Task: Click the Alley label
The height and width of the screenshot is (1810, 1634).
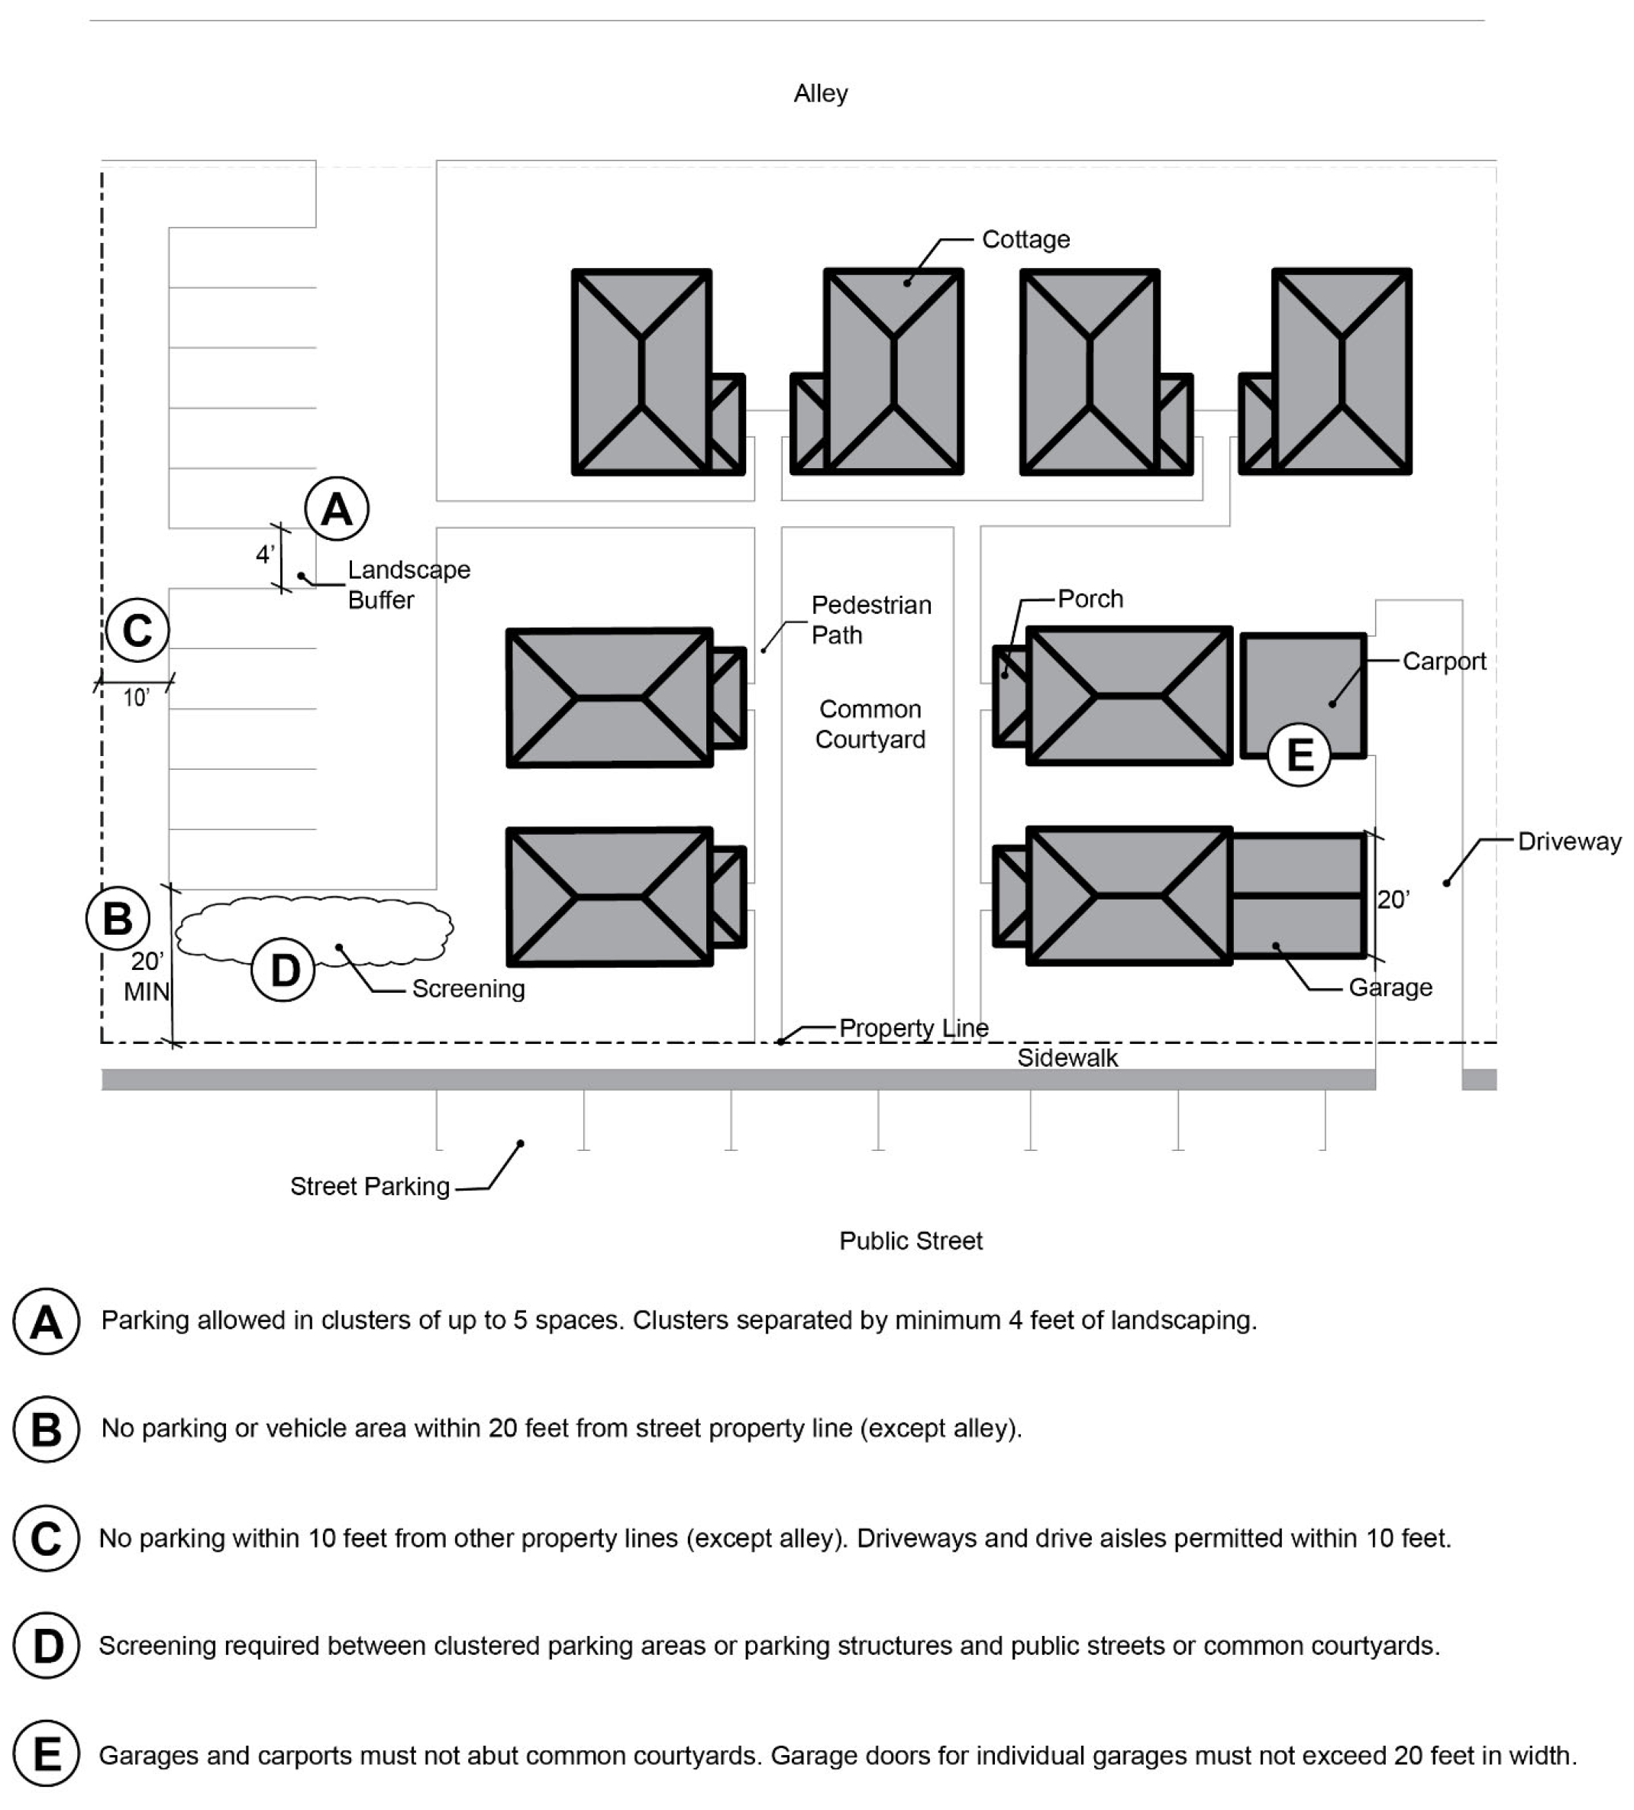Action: tap(820, 93)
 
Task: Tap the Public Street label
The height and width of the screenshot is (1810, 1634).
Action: tap(910, 1241)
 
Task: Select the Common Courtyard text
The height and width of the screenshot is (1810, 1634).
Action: tap(870, 724)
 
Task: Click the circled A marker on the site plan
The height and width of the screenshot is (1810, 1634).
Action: tap(337, 509)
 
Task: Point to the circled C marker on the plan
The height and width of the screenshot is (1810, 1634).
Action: tap(137, 630)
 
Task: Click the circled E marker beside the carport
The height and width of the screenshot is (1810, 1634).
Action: tap(1299, 755)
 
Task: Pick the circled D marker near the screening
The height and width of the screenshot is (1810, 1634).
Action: tap(284, 971)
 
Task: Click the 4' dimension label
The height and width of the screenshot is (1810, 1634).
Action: tap(265, 555)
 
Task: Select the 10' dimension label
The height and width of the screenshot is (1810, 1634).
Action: tap(137, 697)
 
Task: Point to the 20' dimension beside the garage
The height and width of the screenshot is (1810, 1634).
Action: tap(1393, 900)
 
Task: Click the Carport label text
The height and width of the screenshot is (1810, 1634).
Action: tap(1444, 661)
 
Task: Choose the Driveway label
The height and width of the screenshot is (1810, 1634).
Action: tap(1569, 842)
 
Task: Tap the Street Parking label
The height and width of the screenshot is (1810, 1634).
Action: tap(370, 1186)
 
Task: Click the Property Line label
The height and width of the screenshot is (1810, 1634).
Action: tap(914, 1028)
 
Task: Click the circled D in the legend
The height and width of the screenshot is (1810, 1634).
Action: tap(47, 1646)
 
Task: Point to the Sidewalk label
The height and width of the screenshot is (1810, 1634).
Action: tap(1067, 1058)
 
